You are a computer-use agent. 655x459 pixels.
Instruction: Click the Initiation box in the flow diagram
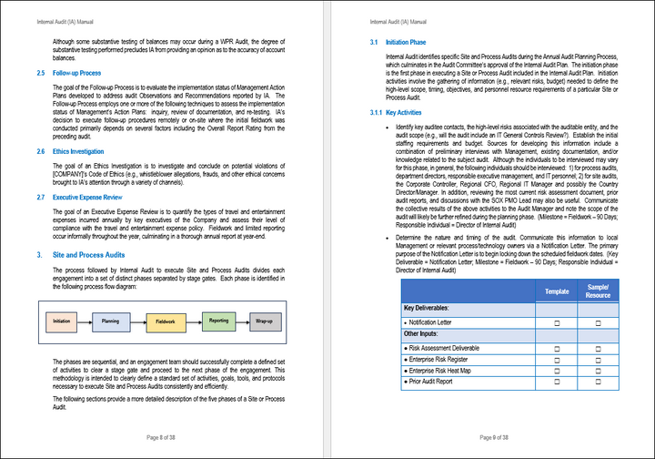pos(62,321)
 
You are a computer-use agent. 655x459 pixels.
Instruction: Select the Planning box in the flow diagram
pos(111,321)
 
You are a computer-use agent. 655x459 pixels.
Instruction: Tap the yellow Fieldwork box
pos(166,321)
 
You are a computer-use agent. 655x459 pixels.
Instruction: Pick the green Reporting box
pos(218,321)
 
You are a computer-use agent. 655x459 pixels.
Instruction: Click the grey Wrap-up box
pos(265,321)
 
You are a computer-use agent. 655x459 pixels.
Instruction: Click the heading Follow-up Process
pos(76,72)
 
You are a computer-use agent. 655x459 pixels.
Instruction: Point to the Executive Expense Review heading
pos(87,197)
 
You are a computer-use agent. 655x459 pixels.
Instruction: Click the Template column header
pos(557,291)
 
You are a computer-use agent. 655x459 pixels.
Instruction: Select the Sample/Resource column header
pos(598,291)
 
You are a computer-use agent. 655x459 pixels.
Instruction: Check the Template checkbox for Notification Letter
pos(557,322)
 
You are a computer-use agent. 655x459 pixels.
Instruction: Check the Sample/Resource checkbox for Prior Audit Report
pos(598,382)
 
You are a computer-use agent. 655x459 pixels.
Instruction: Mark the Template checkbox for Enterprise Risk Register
pos(557,359)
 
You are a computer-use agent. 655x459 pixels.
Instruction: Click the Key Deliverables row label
pos(432,309)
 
